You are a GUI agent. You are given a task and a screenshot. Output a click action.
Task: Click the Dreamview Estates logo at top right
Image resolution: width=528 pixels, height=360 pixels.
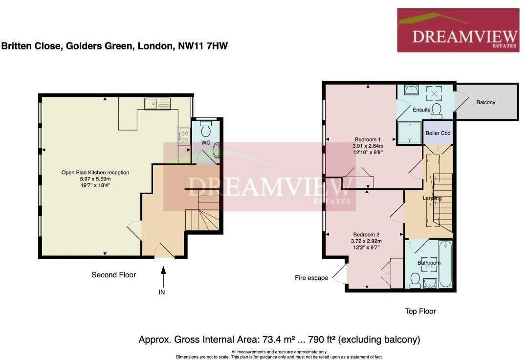click(458, 30)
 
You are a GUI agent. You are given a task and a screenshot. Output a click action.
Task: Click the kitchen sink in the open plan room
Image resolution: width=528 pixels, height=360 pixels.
click(157, 103)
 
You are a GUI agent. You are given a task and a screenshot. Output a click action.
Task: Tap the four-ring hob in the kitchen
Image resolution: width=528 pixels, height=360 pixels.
click(185, 135)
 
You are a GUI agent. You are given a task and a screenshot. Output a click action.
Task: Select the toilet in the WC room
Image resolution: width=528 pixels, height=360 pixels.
click(206, 129)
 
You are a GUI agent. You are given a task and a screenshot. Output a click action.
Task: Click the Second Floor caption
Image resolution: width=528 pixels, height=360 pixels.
click(114, 275)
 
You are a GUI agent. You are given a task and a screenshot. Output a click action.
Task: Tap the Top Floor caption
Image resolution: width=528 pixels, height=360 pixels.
click(420, 311)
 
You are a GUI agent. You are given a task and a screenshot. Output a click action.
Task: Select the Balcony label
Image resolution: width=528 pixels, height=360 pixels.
click(485, 102)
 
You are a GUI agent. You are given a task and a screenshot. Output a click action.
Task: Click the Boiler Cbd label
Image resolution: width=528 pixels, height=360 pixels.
click(438, 133)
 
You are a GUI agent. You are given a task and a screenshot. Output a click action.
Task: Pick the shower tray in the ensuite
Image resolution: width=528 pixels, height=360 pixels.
click(409, 134)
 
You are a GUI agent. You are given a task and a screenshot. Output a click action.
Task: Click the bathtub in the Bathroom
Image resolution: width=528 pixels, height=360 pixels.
click(445, 265)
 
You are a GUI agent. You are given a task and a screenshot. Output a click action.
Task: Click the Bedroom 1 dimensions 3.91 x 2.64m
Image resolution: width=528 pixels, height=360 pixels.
click(368, 146)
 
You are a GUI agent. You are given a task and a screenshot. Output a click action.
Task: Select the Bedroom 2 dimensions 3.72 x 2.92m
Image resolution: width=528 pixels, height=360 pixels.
click(366, 241)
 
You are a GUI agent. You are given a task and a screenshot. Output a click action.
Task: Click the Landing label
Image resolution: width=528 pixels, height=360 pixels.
click(432, 198)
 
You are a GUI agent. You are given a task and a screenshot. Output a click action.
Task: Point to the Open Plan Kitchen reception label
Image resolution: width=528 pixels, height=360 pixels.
click(95, 172)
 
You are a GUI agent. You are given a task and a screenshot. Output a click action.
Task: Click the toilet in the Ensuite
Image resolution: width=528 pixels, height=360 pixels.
click(437, 110)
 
